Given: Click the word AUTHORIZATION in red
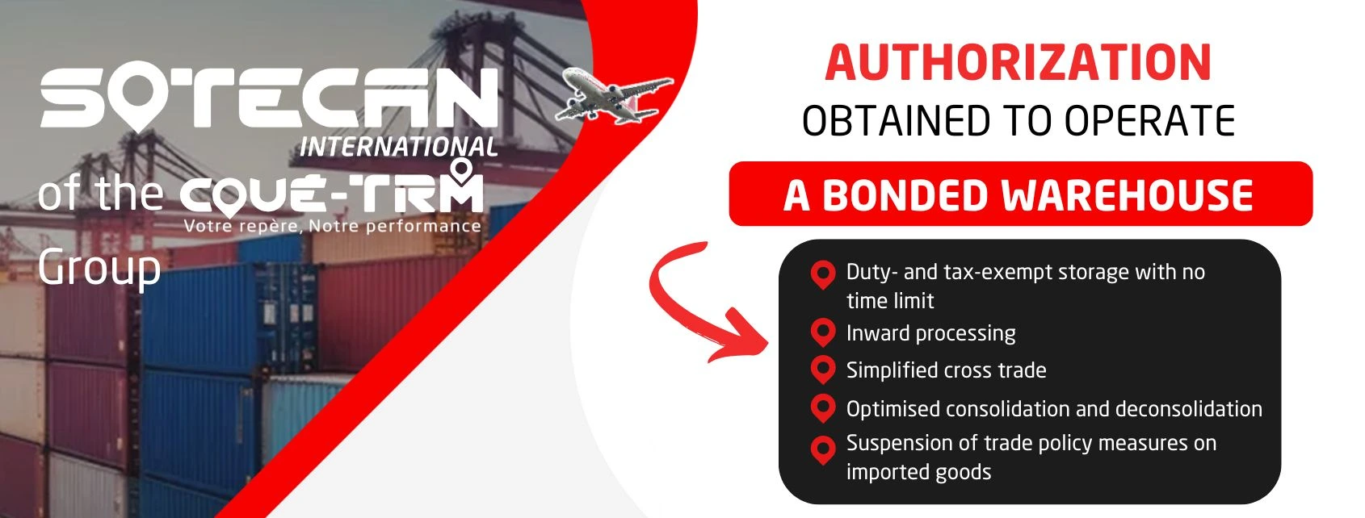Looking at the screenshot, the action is click(1018, 63).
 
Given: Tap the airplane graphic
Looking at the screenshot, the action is click(614, 96).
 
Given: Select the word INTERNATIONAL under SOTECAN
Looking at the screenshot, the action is click(398, 147).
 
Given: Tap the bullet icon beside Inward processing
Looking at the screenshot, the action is click(823, 333).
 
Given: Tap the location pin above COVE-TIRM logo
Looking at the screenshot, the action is click(461, 171).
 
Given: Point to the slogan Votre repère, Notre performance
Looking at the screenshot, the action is click(333, 227).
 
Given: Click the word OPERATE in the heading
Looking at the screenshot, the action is click(1149, 120).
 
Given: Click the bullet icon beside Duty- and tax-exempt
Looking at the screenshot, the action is click(823, 274).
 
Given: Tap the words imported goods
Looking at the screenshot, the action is click(919, 472).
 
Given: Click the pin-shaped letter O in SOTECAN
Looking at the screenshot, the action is click(140, 98).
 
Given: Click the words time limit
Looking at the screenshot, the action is click(890, 301).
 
